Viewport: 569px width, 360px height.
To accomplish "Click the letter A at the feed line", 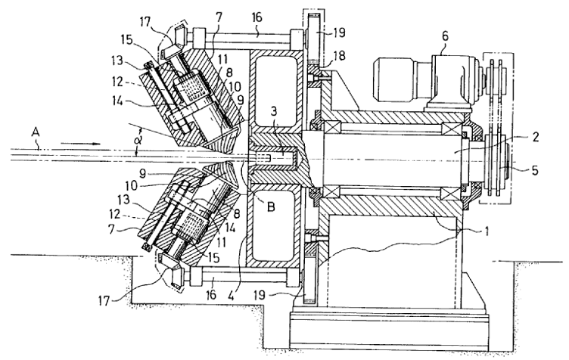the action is coord(36,133).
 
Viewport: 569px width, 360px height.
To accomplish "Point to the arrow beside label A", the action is coord(80,144).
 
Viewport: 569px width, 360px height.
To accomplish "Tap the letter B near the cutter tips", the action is coord(271,206).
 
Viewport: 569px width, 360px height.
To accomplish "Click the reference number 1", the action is coord(487,231).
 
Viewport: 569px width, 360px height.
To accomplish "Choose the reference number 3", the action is coord(274,111).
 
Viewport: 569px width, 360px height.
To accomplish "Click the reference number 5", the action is coord(534,170).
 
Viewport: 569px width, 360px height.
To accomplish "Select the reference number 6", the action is coord(445,36).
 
